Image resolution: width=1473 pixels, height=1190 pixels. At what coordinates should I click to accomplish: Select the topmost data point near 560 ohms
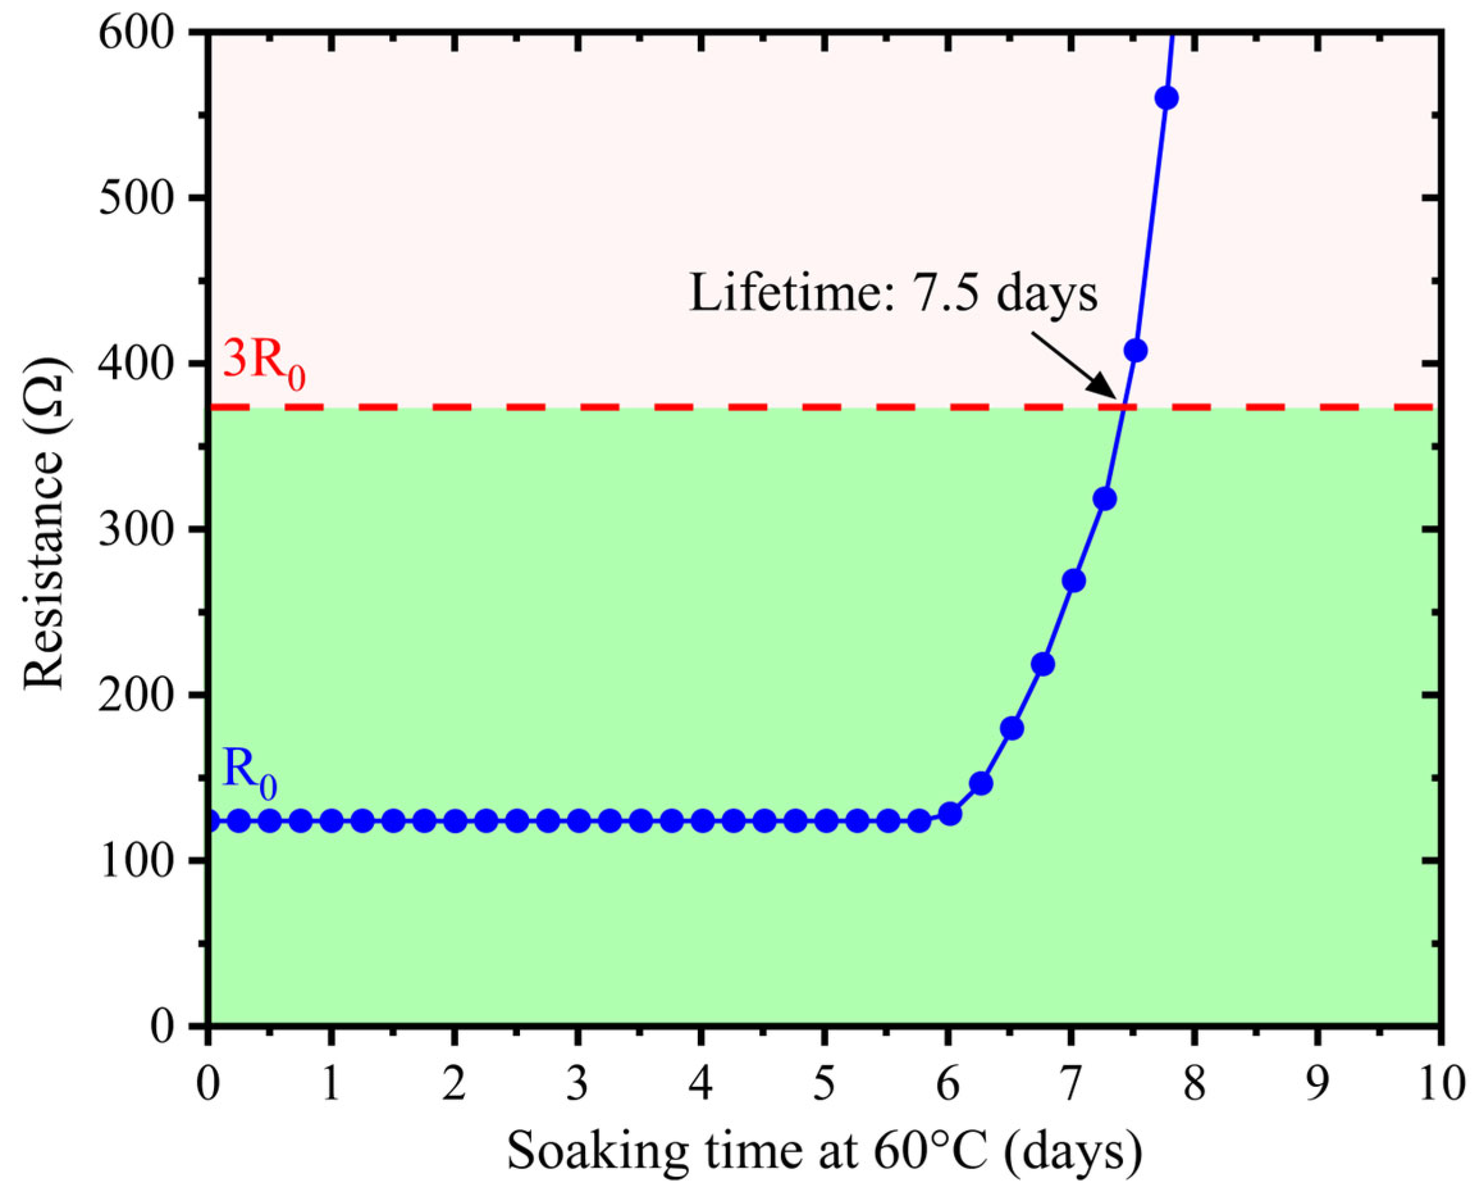[1166, 98]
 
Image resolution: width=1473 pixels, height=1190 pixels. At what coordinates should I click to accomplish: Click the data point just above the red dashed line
[1135, 350]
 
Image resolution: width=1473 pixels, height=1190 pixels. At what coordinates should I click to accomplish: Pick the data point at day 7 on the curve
[1074, 581]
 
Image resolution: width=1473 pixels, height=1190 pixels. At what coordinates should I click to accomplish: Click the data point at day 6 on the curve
[950, 814]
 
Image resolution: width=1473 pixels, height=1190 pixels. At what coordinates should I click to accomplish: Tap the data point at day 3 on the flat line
[579, 821]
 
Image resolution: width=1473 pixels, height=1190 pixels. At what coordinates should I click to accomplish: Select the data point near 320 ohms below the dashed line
[1104, 499]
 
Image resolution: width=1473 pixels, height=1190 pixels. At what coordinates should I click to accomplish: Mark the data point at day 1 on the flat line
[332, 821]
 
